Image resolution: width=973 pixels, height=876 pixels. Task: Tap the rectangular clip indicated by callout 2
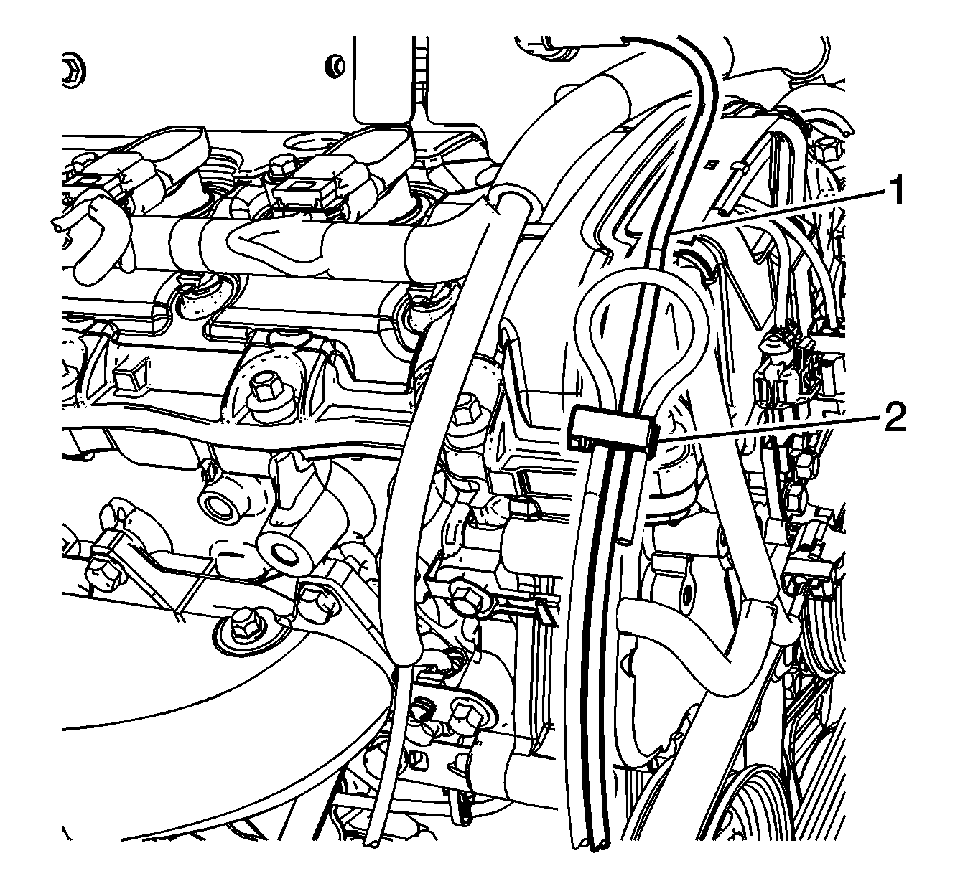point(612,428)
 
